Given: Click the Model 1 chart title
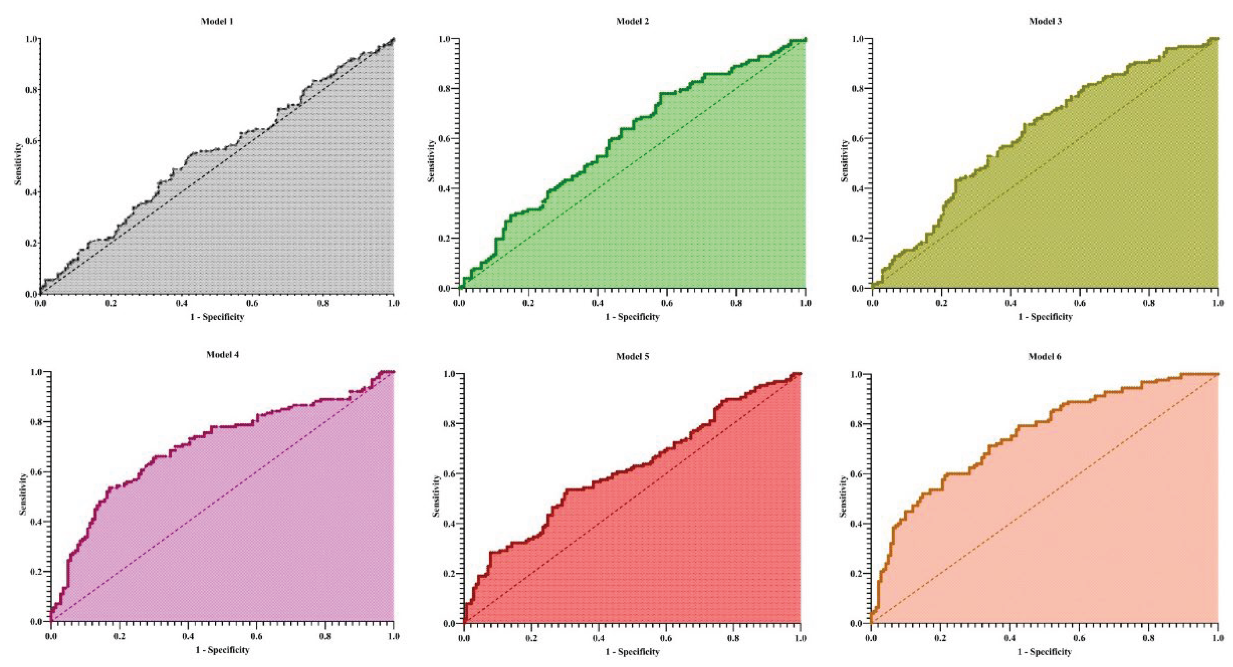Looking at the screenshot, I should pos(217,21).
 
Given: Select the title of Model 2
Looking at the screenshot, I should pos(632,21).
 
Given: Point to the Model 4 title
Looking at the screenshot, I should pos(223,355).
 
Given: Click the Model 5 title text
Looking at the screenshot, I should pos(632,357).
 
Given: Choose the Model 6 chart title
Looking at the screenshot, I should pos(1044,357).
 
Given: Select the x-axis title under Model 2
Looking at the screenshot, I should pos(632,317).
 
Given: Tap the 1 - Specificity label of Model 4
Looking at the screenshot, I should pos(223,650).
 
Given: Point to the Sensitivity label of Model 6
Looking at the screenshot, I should pos(843,496).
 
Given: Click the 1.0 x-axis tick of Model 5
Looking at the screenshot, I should pos(800,638).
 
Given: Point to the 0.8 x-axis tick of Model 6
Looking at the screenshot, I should pos(1149,638).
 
